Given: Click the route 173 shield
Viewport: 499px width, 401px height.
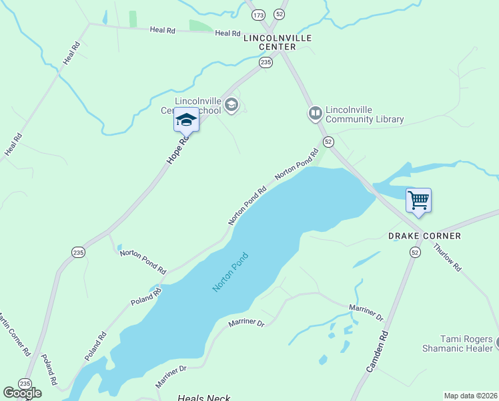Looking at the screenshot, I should (x=259, y=14).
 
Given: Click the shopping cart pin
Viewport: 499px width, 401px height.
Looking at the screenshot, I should (x=418, y=199).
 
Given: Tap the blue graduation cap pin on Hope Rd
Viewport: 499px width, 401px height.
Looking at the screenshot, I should (x=186, y=121).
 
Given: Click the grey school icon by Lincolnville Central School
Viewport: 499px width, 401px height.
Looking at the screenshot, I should (x=231, y=104).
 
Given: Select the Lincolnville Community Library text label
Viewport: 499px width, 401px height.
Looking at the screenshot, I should (x=364, y=115).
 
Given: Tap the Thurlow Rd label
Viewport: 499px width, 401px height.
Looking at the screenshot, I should (x=447, y=256).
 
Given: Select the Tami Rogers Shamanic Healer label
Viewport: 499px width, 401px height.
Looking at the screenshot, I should (x=457, y=344).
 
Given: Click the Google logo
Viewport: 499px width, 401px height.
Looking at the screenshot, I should (x=22, y=393).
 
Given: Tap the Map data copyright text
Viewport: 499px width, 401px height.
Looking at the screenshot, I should (x=470, y=395).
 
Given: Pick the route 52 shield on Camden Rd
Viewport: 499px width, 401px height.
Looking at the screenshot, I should (x=416, y=252).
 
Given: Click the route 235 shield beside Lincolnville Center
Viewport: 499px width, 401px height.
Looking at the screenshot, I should (x=266, y=62).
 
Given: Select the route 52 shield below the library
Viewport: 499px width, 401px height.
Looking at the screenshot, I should (x=328, y=142).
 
